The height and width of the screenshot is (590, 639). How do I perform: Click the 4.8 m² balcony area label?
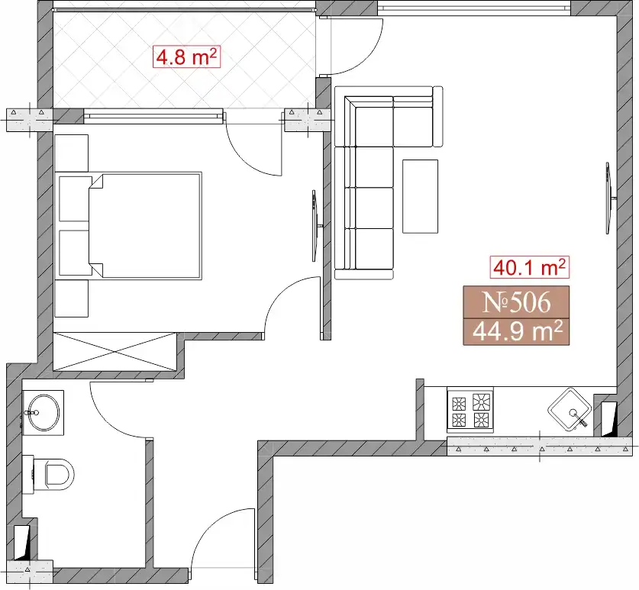[187, 57]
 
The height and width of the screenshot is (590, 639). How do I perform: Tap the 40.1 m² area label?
[530, 268]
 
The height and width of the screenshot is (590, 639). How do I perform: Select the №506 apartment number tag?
[516, 302]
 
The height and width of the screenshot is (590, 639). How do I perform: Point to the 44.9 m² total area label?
[516, 331]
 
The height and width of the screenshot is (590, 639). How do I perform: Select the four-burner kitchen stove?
[470, 411]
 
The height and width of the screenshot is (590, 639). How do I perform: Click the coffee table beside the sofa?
[420, 196]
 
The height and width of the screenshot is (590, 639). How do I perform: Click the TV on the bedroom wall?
[316, 226]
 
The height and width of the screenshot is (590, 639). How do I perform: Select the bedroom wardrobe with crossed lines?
[115, 351]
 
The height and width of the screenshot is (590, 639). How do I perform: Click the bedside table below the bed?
[71, 298]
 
